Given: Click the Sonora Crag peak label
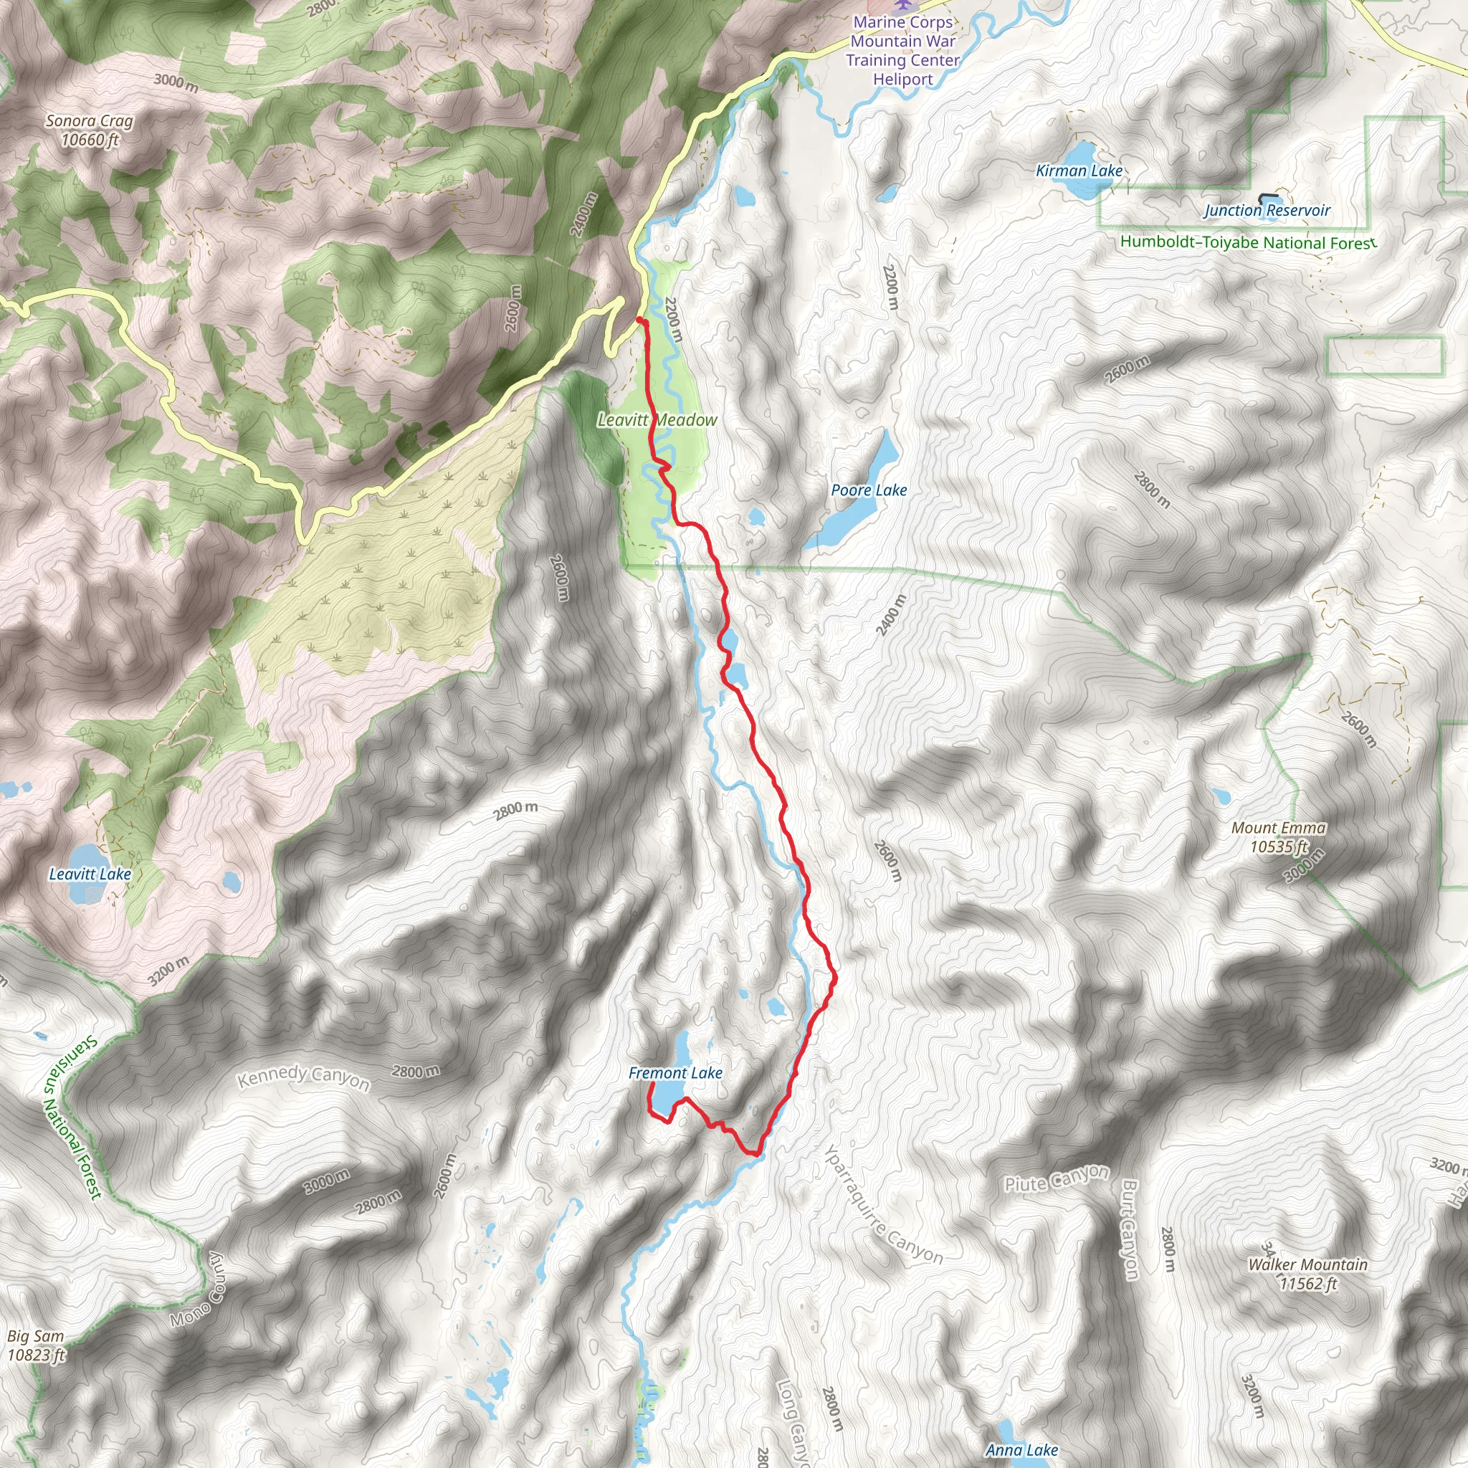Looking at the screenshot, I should click(90, 130).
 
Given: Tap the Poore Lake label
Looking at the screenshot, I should click(869, 490).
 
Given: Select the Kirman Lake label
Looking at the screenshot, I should click(1079, 171).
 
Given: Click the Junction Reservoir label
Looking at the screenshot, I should click(1267, 211).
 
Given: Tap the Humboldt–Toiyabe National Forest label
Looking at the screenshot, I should click(1248, 243).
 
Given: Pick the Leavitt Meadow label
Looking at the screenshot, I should click(657, 419).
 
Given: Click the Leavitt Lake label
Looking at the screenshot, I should click(90, 874).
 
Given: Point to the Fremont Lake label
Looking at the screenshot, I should click(675, 1073).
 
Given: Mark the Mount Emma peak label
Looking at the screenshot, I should click(1279, 837).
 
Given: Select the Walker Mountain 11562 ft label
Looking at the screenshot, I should click(1307, 1274).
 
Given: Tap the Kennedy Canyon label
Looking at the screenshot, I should click(303, 1077).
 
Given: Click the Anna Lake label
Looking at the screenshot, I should click(1021, 1451).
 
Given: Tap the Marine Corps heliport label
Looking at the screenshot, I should click(902, 50).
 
